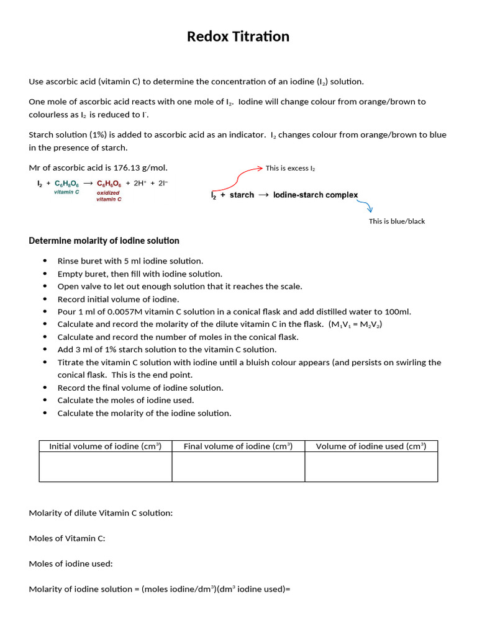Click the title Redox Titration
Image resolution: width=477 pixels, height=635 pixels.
[238, 37]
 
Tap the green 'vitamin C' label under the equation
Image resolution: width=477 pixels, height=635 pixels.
[66, 192]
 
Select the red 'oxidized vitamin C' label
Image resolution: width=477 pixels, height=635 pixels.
[109, 196]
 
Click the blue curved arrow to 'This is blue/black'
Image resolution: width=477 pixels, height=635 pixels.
[367, 206]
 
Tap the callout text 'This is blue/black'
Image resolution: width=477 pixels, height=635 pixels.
[396, 221]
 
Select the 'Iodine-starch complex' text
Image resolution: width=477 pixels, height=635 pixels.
[316, 195]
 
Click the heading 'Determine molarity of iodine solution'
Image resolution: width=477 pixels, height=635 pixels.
[104, 241]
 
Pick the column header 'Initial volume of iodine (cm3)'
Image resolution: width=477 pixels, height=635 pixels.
[105, 446]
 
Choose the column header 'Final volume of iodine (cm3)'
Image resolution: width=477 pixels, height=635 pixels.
[238, 446]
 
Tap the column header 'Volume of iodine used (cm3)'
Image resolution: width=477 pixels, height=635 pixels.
[371, 446]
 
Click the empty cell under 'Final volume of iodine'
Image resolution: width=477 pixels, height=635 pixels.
[238, 467]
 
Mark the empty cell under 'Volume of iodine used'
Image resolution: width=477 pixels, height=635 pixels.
[371, 467]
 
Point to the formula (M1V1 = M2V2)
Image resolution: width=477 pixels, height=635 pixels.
[355, 325]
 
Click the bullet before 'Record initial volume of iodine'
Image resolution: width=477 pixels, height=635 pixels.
[45, 300]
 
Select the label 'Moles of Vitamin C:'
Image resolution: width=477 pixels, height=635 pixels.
[67, 538]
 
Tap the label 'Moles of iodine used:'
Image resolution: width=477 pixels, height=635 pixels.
[71, 564]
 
